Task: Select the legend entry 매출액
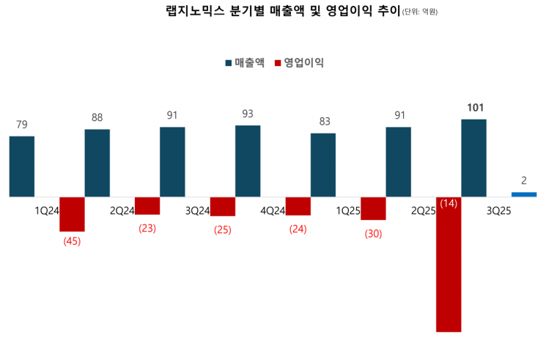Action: pyautogui.click(x=244, y=63)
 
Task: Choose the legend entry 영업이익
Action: pyautogui.click(x=298, y=63)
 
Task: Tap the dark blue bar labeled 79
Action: pyautogui.click(x=22, y=166)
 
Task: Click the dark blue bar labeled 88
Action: pyautogui.click(x=97, y=163)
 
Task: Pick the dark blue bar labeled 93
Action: pyautogui.click(x=248, y=161)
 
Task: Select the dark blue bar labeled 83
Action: pyautogui.click(x=323, y=165)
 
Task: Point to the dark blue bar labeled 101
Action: pyautogui.click(x=473, y=158)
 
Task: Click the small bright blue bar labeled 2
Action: pyautogui.click(x=524, y=194)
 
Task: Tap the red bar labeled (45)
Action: pyautogui.click(x=72, y=214)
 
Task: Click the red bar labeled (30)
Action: pyautogui.click(x=373, y=208)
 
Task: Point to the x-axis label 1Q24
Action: pyautogui.click(x=47, y=210)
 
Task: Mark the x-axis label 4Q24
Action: pyautogui.click(x=273, y=210)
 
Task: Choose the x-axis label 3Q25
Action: pyautogui.click(x=498, y=210)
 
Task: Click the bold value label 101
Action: pyautogui.click(x=475, y=109)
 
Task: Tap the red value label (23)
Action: pyautogui.click(x=147, y=227)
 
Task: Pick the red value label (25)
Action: pyautogui.click(x=223, y=229)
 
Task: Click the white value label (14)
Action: pyautogui.click(x=449, y=203)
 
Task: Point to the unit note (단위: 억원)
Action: pyautogui.click(x=424, y=13)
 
